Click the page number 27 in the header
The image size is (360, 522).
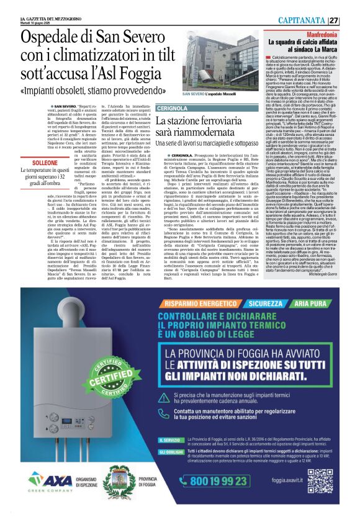(351, 20)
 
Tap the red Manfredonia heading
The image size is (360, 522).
(322, 34)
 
